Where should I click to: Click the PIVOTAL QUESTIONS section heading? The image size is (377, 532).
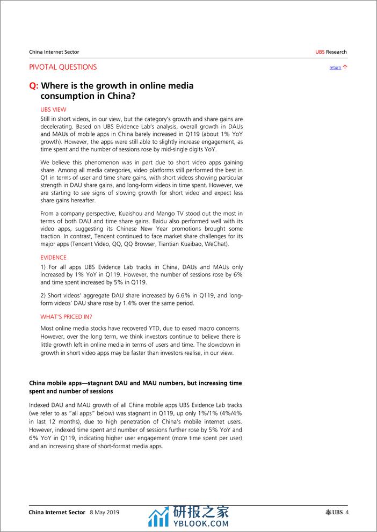tap(63, 67)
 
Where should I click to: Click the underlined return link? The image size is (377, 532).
tap(335, 68)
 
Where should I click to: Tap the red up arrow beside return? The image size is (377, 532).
tap(345, 67)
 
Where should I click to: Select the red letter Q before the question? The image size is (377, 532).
tap(33, 86)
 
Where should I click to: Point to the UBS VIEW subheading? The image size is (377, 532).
tap(53, 109)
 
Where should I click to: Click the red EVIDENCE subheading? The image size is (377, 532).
tap(54, 258)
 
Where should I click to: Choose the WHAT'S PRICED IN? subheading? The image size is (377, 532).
tap(66, 317)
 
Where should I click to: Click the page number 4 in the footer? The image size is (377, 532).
tap(347, 512)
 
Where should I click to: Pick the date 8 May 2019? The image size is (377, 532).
tap(104, 512)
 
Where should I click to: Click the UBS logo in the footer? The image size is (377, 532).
tap(334, 512)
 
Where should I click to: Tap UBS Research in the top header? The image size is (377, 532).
tap(331, 52)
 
